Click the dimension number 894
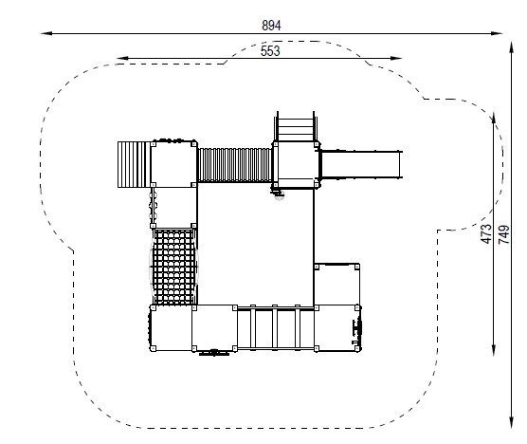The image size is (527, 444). coord(271,26)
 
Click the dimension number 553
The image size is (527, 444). coord(270,51)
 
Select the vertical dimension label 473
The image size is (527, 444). coord(486,233)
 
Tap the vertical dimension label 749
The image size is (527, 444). coord(504,234)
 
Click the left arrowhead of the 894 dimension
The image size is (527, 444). coord(46,33)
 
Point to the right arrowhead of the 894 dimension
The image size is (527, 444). coord(497,33)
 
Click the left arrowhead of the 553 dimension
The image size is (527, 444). coord(122,58)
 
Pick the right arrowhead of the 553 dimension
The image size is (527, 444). coord(396,58)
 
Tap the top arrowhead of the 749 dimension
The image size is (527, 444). coord(511,47)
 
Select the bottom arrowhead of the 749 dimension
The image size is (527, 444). coord(511,422)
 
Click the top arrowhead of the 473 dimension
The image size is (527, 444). coord(494,120)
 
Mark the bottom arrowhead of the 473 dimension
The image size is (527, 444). coord(494,350)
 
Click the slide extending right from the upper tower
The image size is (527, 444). coord(361,164)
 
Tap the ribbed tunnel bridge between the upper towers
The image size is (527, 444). coord(235,165)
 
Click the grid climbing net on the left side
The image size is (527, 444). coord(173,268)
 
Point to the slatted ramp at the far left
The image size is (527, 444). coord(134,164)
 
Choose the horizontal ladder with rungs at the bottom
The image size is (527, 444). coord(275,328)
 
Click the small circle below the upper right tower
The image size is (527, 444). coord(279,195)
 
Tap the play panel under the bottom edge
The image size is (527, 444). coord(214,353)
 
